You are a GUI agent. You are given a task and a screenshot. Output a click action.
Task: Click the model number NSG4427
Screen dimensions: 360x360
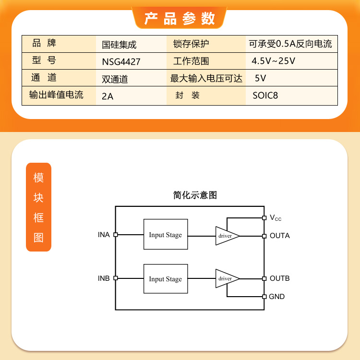coord(121,62)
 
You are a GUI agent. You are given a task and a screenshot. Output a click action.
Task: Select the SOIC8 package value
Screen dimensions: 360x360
coord(265,96)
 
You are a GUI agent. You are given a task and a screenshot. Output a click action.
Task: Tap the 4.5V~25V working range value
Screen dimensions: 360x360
coord(273,61)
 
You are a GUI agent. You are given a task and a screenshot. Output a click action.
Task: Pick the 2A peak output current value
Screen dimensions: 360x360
coord(108,96)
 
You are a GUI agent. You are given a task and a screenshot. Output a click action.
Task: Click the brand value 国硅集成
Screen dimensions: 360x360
coord(119,45)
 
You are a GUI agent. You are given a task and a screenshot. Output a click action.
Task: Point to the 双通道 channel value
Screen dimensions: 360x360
coord(115,79)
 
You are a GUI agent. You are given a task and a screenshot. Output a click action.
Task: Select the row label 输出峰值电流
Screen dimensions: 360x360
coord(56,95)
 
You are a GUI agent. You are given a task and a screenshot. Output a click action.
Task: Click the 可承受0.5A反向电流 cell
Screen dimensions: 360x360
coord(290,44)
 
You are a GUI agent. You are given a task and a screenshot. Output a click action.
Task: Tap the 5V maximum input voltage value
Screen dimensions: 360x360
coord(260,78)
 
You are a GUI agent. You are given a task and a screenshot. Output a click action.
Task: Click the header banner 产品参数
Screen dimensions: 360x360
coord(180,18)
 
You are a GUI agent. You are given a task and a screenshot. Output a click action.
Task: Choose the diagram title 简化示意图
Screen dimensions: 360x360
coord(195,195)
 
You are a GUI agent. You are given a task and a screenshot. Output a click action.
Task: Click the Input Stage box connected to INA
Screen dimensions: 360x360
coord(166,234)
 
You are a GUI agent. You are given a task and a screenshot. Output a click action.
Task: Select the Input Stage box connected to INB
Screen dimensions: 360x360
coord(166,279)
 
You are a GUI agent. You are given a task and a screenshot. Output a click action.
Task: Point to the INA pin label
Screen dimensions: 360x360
coord(104,235)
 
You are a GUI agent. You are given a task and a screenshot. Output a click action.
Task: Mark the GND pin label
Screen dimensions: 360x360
coord(276,297)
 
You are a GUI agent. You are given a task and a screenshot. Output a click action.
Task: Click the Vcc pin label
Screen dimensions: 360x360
coord(276,217)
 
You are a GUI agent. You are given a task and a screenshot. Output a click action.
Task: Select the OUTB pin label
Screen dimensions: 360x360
coord(280,278)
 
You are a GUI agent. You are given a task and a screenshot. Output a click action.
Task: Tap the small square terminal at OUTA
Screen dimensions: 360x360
coord(264,236)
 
